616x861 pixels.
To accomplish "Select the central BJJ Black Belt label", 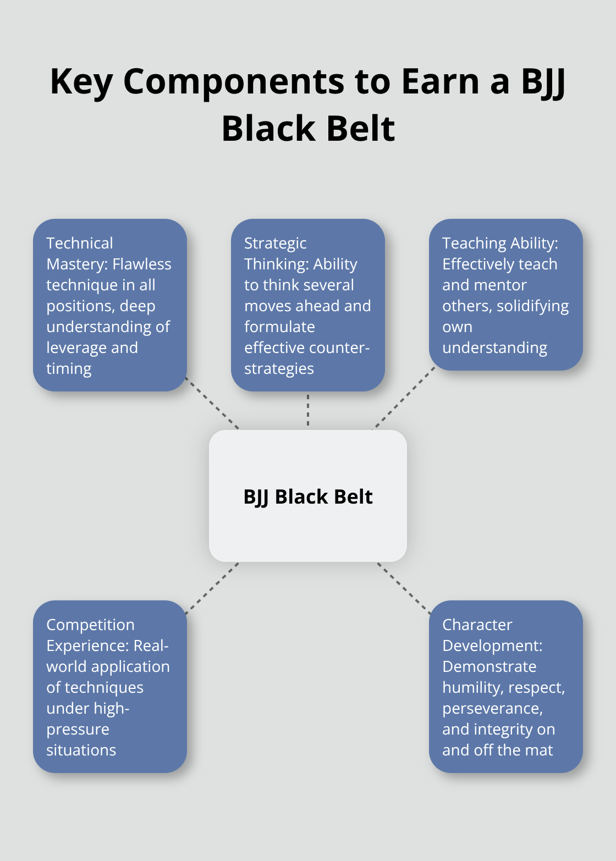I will pos(308,496).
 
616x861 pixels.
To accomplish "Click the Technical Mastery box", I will pos(109,305).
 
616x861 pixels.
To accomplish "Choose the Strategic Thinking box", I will pos(307,305).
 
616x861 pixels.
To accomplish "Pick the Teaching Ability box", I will pos(505,295).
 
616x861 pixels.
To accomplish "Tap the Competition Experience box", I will pos(109,687).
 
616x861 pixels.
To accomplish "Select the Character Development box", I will pos(505,687).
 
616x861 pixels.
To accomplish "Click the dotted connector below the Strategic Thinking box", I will pos(308,410).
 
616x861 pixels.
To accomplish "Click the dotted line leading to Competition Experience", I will pos(213,587).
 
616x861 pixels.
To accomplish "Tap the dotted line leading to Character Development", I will pos(404,587).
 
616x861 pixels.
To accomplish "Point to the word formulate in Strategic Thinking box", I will pos(279,327).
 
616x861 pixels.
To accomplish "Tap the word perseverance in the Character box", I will pos(492,708).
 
